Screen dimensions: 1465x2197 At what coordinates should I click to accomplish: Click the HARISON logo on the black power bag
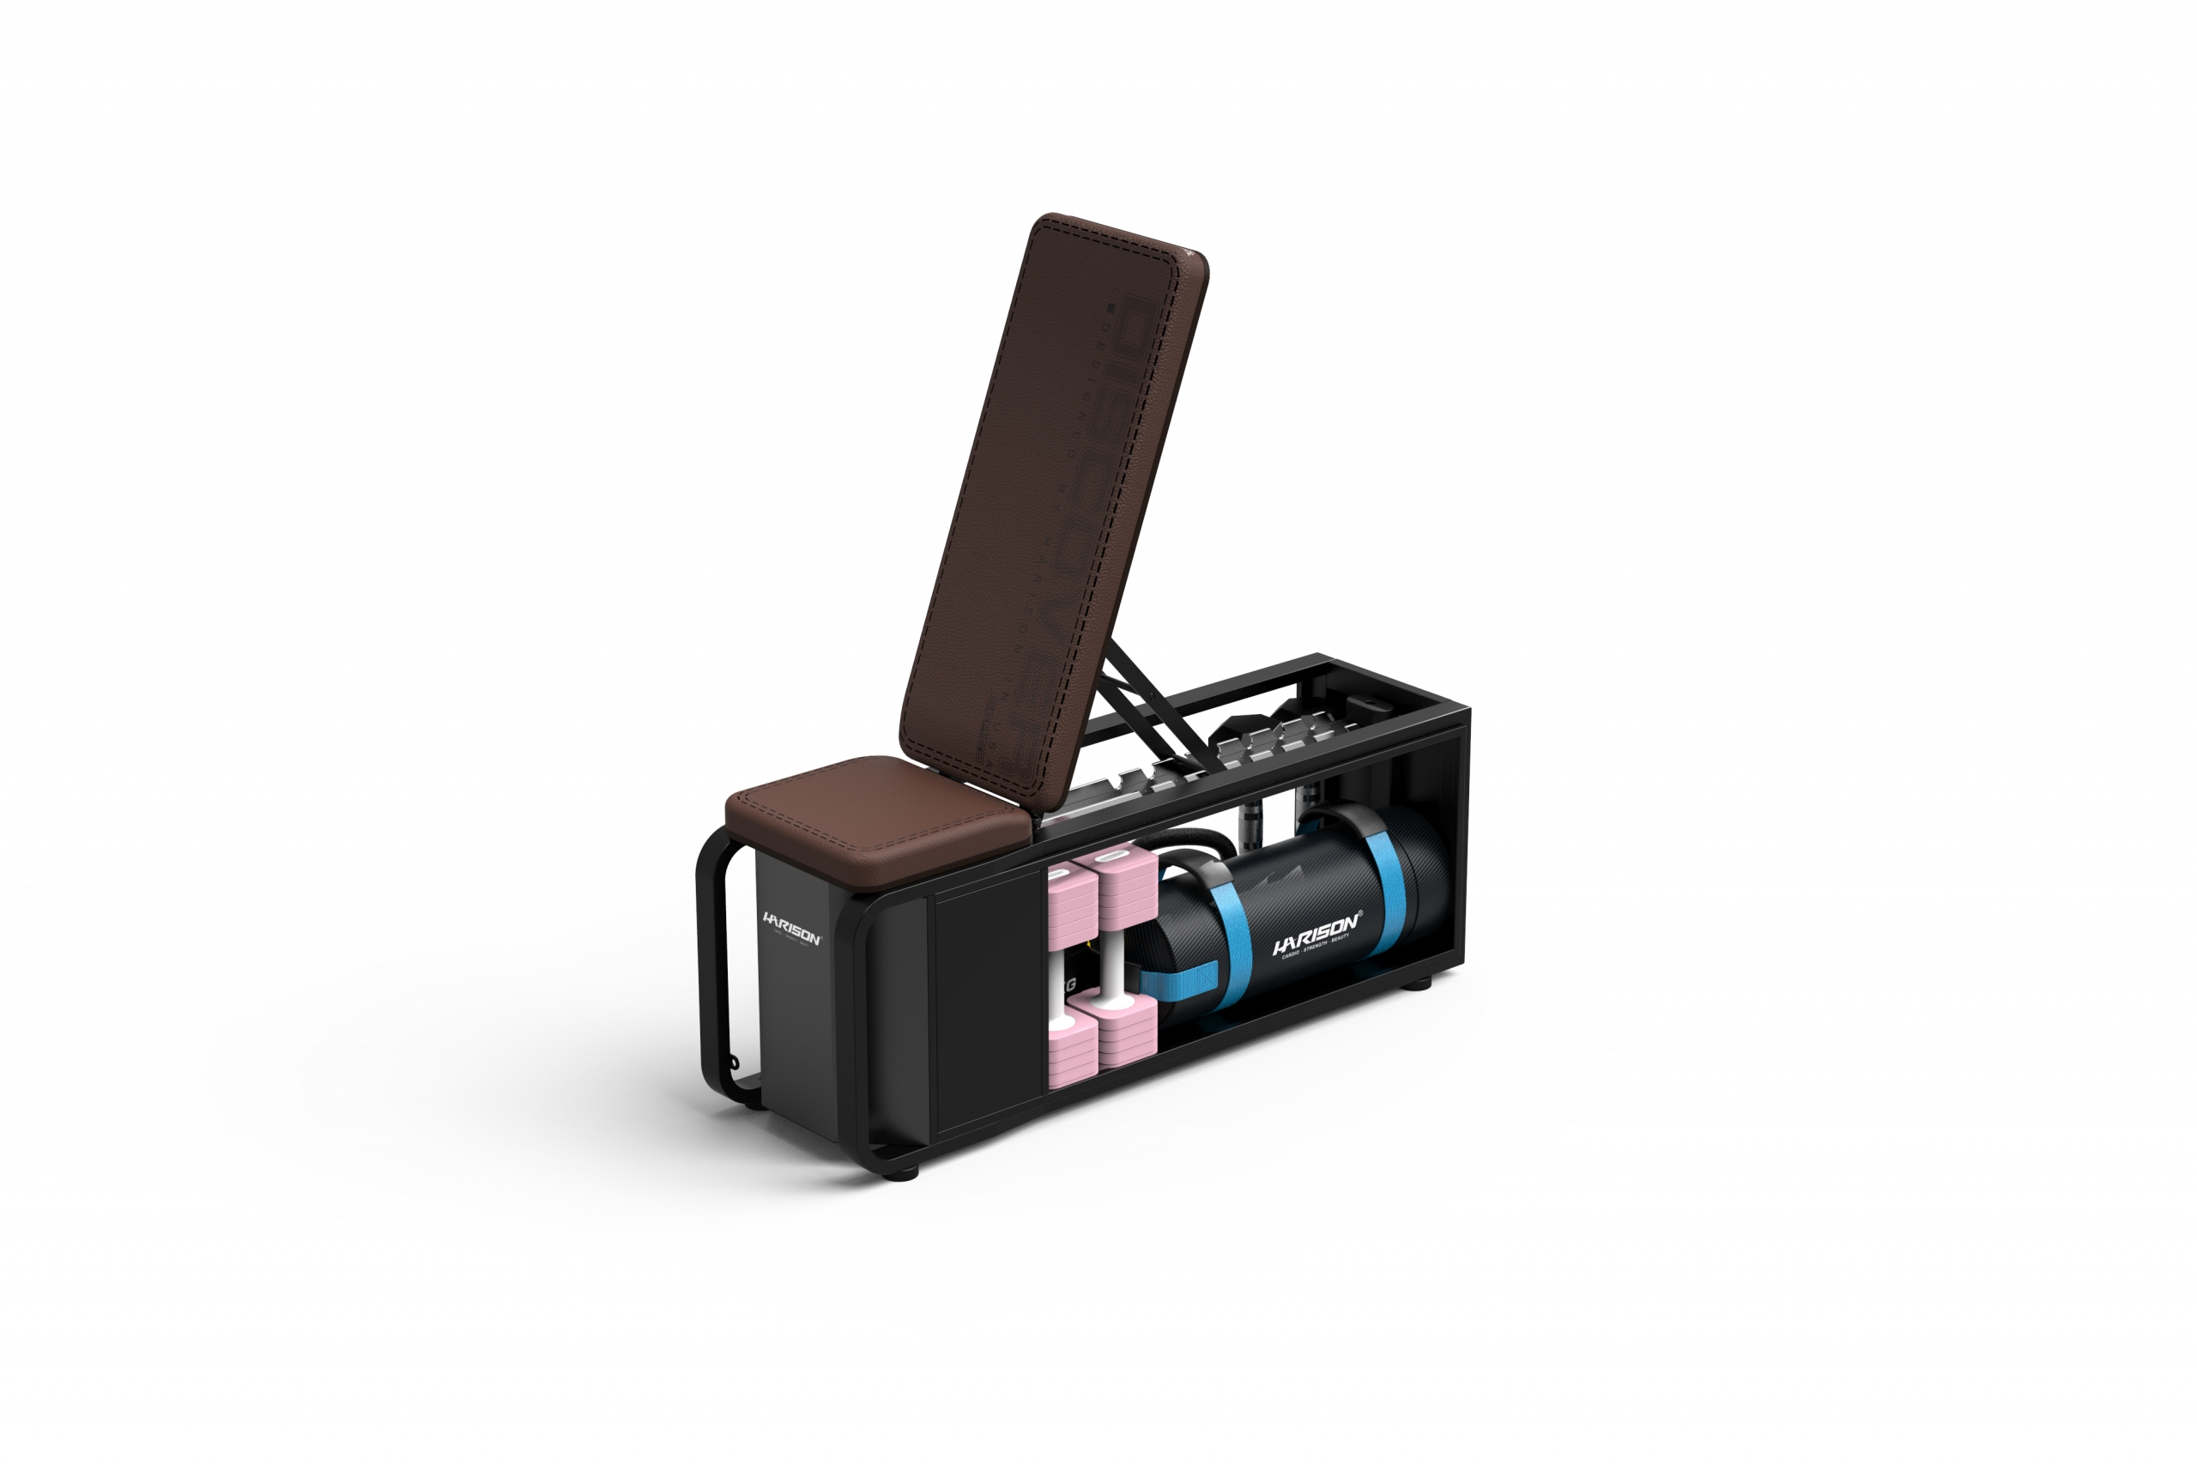click(1316, 934)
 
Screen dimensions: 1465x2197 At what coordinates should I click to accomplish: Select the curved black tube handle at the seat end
click(711, 972)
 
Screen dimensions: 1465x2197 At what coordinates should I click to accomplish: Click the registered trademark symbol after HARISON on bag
click(1360, 913)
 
